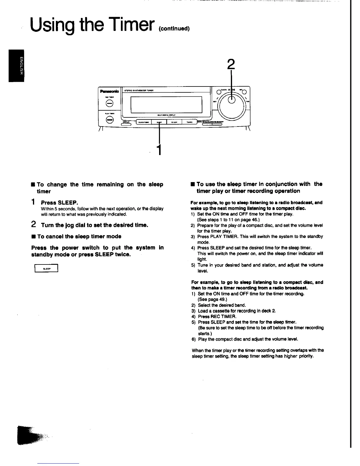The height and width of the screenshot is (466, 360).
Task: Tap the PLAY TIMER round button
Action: [x=109, y=119]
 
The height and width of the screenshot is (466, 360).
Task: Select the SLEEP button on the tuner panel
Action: [x=159, y=122]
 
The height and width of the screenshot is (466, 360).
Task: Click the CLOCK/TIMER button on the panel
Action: [x=144, y=122]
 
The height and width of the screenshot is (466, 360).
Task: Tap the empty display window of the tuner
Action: [x=166, y=104]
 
